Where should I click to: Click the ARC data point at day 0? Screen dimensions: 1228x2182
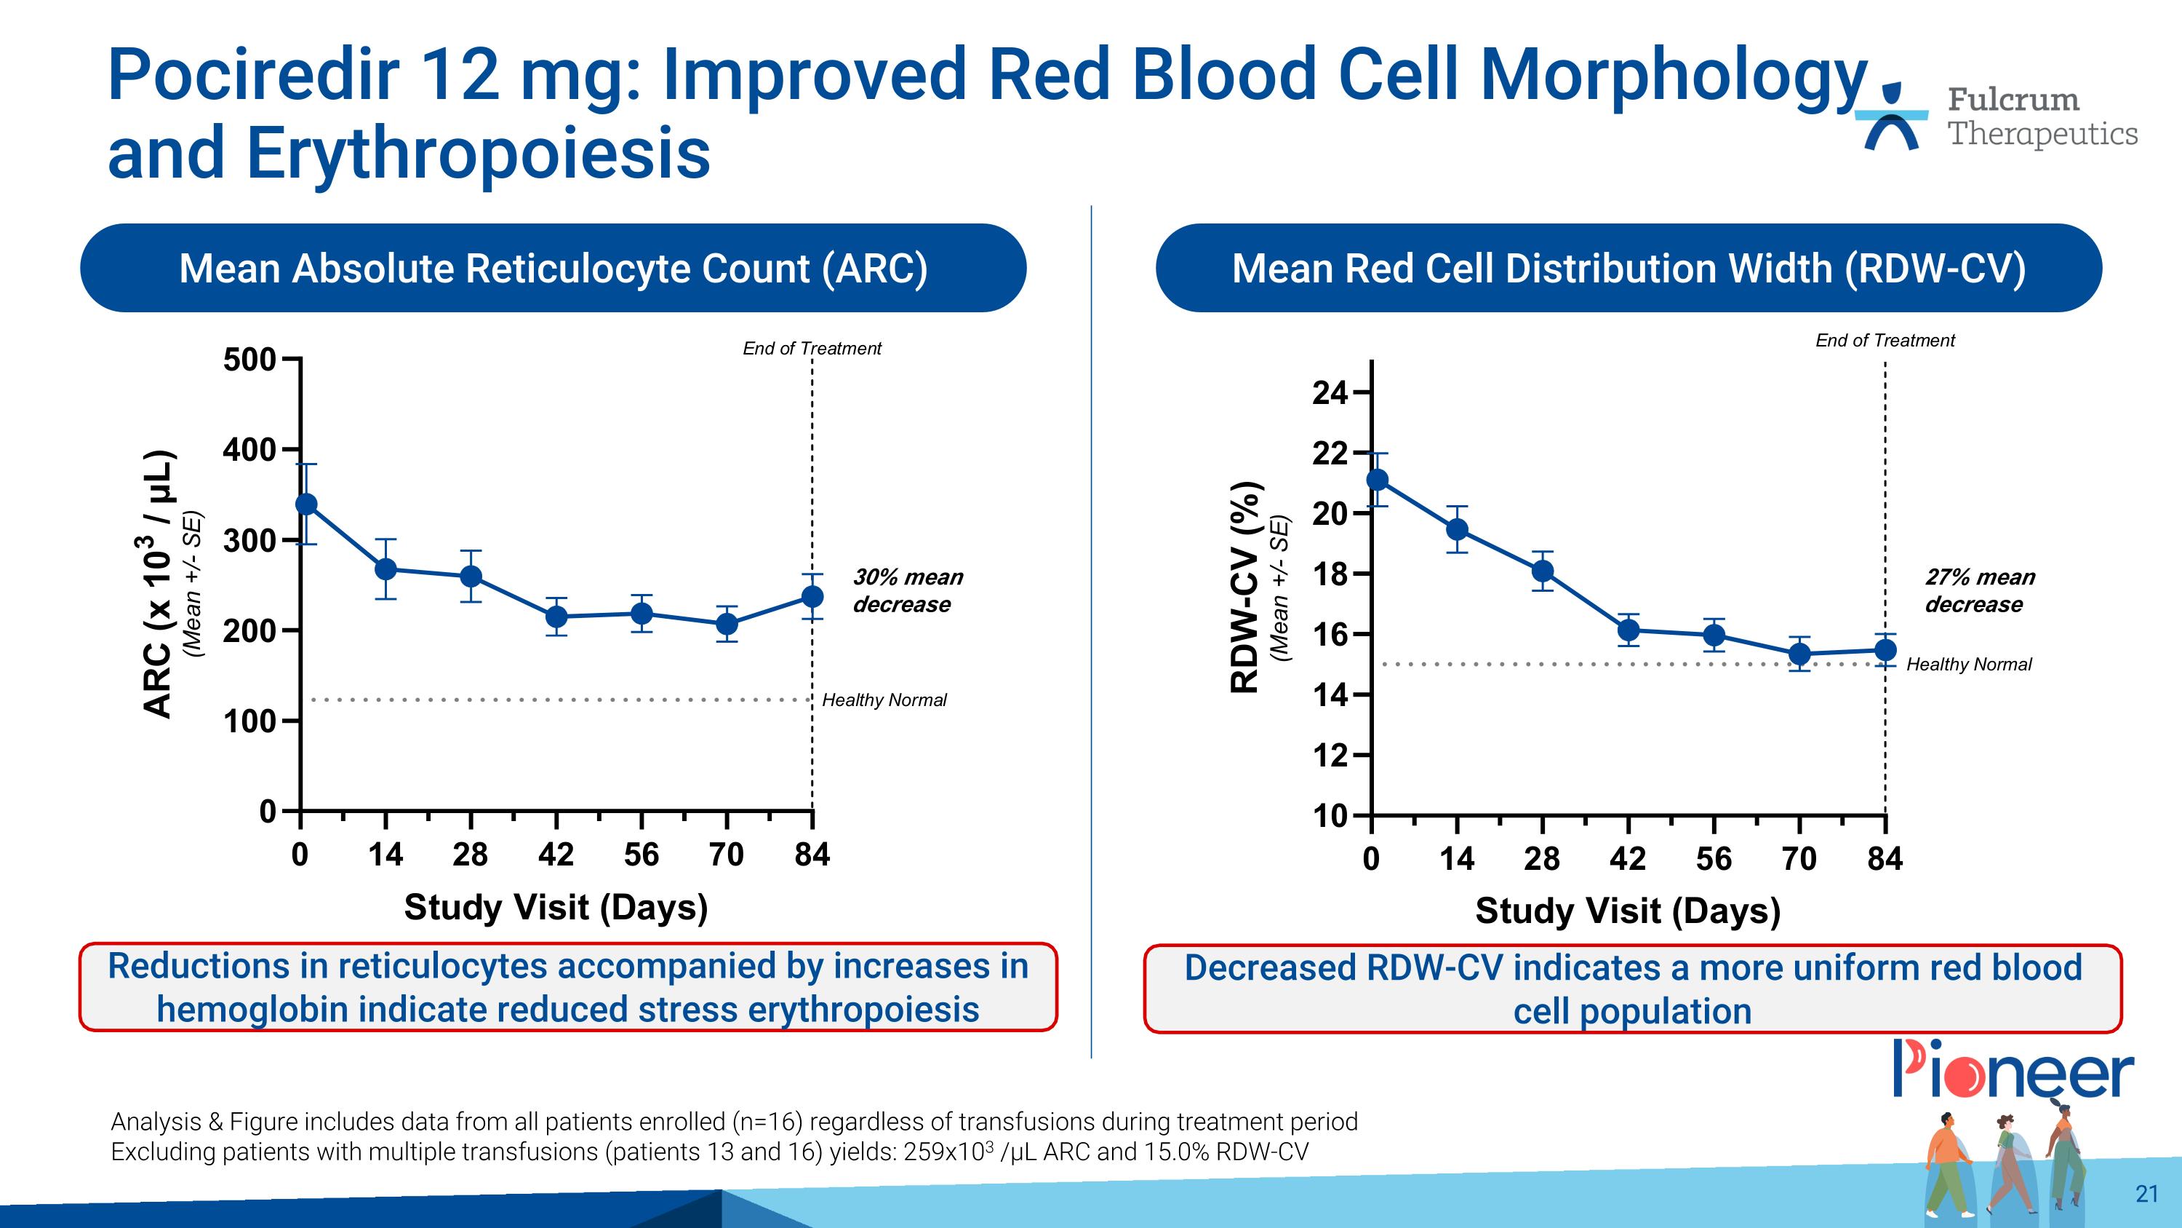tap(307, 504)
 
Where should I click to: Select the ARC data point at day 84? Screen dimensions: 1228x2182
tap(812, 597)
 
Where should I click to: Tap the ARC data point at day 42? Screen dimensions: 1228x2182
tap(556, 616)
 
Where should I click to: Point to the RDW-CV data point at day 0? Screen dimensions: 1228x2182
tap(1378, 480)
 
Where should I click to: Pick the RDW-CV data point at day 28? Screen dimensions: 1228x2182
tap(1543, 571)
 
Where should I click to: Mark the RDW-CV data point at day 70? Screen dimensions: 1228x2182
tap(1799, 654)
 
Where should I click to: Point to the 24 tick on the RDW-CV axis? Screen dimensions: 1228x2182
tap(1329, 392)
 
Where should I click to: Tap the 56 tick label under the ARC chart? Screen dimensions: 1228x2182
tap(642, 855)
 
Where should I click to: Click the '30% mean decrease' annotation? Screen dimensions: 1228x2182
tap(907, 590)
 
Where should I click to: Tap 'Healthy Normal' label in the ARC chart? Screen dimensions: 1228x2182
tap(884, 700)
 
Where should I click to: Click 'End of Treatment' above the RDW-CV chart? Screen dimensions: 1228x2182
tap(1885, 341)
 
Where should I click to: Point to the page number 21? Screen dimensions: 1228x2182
tap(2146, 1194)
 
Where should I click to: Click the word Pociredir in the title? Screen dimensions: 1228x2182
tap(253, 74)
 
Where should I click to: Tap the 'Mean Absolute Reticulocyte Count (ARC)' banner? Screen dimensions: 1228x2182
tap(553, 269)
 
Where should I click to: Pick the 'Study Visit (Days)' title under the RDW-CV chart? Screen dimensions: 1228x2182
tap(1627, 911)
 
